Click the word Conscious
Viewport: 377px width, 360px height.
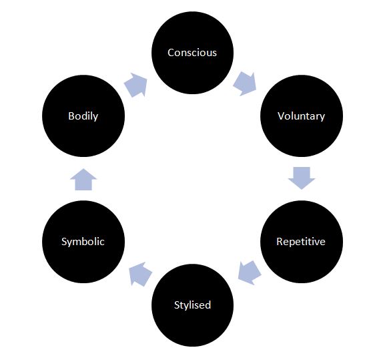tap(192, 53)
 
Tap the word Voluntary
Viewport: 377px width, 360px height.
tap(301, 116)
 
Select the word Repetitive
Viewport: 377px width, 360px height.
tap(301, 242)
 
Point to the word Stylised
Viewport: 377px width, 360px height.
tap(192, 305)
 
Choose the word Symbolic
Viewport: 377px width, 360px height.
tap(83, 242)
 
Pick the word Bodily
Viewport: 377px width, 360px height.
tap(83, 116)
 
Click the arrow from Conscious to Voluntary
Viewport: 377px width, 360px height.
tap(245, 83)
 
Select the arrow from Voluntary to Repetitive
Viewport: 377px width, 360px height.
tap(302, 178)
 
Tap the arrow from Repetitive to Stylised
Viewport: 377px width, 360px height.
tap(250, 273)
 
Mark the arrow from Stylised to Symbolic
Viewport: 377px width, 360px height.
tap(140, 274)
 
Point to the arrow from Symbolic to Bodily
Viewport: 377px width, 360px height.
tap(83, 180)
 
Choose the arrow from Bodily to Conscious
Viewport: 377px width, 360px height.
tap(136, 85)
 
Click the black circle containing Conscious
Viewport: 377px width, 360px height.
tap(192, 53)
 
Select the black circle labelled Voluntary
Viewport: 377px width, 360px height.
tap(302, 116)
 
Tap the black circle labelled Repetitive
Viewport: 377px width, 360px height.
tap(302, 242)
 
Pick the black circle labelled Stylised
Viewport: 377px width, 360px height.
tap(192, 305)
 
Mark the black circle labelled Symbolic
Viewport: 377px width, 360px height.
tap(83, 242)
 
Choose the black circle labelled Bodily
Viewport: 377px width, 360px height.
tap(83, 116)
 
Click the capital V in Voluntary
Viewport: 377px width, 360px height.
tap(281, 116)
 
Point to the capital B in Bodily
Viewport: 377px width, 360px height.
tap(71, 116)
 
